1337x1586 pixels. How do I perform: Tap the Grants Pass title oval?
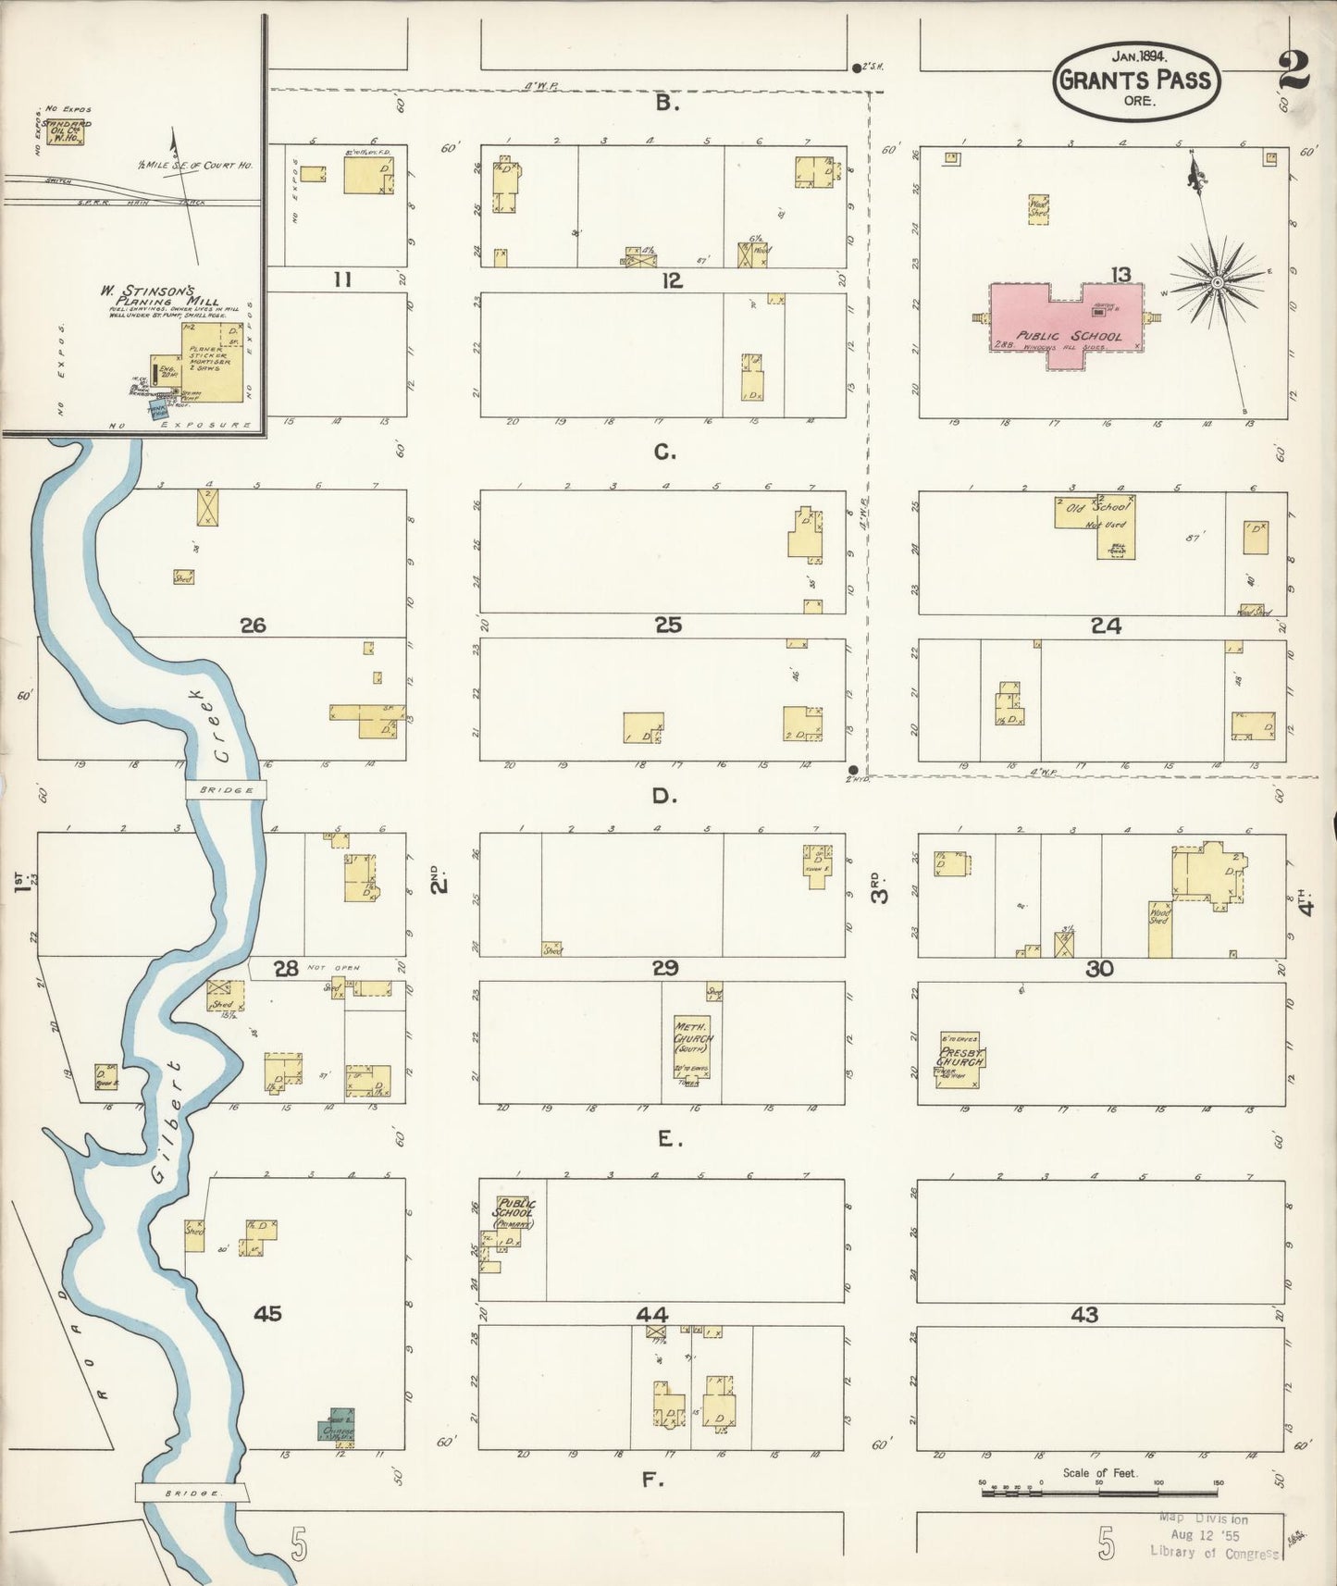1134,81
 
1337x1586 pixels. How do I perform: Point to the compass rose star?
1219,280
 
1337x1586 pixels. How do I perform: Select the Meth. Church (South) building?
692,1044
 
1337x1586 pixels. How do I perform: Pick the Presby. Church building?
959,1059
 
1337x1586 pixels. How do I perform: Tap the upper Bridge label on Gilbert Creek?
226,789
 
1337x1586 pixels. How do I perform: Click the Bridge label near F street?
192,1493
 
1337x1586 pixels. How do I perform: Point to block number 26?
253,626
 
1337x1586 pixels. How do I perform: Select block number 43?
1084,1314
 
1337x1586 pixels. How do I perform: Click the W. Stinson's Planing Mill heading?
159,295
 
